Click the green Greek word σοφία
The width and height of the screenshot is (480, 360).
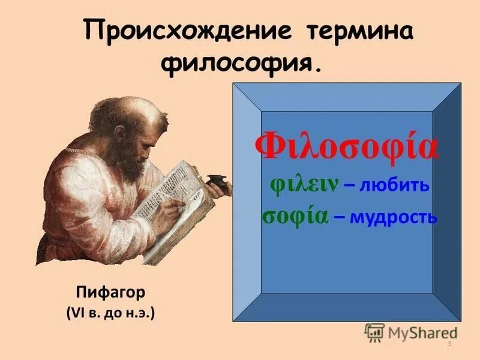click(x=295, y=217)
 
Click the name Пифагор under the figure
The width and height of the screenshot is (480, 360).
click(x=112, y=294)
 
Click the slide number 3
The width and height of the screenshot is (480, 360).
click(x=449, y=343)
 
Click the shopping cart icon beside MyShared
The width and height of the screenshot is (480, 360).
click(x=374, y=331)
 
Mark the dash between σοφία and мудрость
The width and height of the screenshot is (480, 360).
click(x=339, y=218)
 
